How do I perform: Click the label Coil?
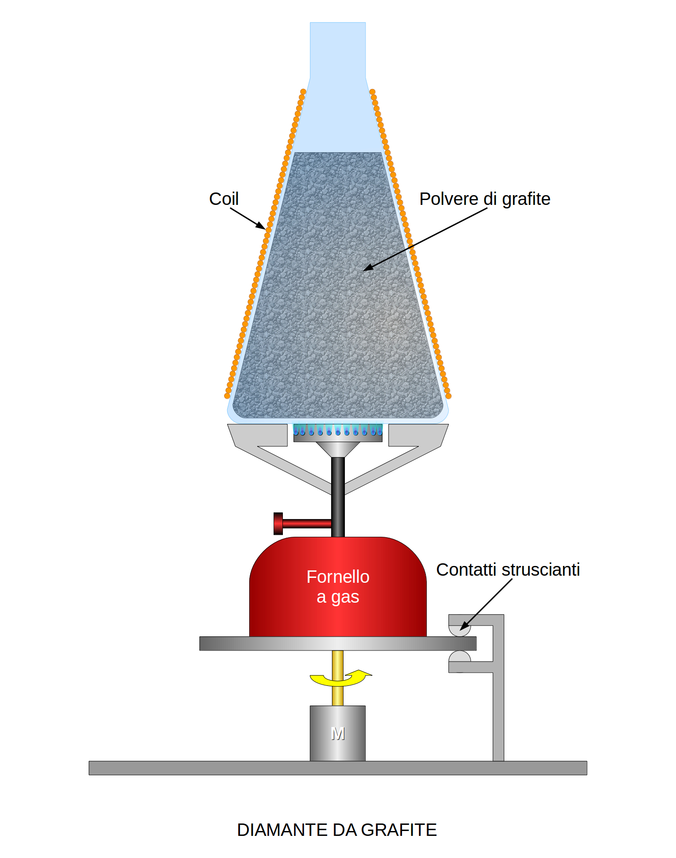(224, 199)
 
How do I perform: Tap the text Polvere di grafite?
(484, 199)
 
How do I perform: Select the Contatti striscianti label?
(508, 570)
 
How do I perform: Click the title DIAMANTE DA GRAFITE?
(337, 830)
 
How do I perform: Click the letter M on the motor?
(338, 734)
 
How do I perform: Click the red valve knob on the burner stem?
(278, 523)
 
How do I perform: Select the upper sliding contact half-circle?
(459, 630)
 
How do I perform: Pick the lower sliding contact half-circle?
(459, 657)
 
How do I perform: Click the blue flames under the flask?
(338, 430)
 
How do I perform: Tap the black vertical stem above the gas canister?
(338, 496)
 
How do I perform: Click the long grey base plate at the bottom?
(338, 768)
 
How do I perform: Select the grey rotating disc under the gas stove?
(338, 643)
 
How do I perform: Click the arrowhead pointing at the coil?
(261, 226)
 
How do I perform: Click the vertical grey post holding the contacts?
(498, 708)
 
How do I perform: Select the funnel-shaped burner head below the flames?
(338, 449)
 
